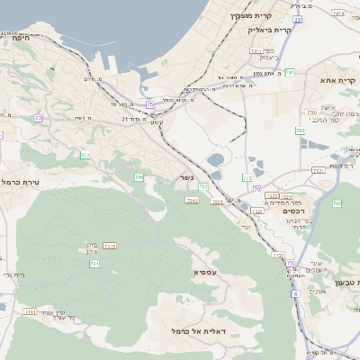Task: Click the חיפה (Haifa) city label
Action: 22,38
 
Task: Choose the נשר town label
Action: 186,178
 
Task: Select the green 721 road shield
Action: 94,264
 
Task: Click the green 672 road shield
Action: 85,155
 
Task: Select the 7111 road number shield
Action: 31,312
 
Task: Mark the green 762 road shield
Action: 337,204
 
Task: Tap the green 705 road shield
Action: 139,178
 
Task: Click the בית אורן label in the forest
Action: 92,245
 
